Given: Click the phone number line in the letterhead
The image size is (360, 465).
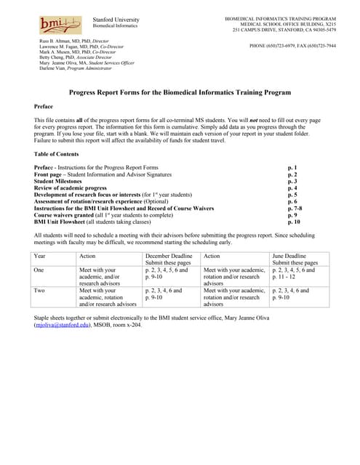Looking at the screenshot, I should pyautogui.click(x=292, y=46).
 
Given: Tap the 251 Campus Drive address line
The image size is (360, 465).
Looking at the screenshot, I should pyautogui.click(x=284, y=30).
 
